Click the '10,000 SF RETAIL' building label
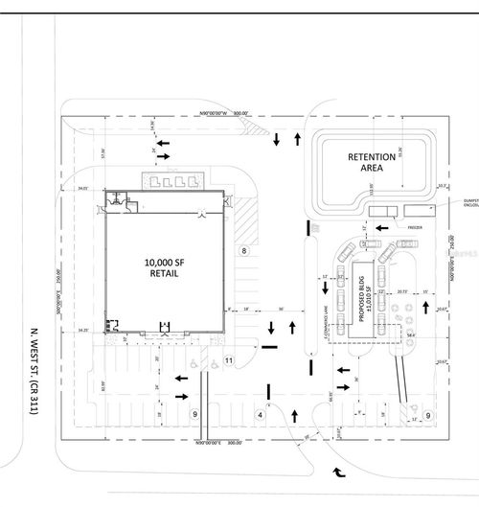click(x=162, y=266)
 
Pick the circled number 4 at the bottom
click(x=259, y=414)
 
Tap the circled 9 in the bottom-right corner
click(x=428, y=414)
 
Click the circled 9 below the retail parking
click(x=194, y=414)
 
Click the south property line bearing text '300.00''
click(x=229, y=443)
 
